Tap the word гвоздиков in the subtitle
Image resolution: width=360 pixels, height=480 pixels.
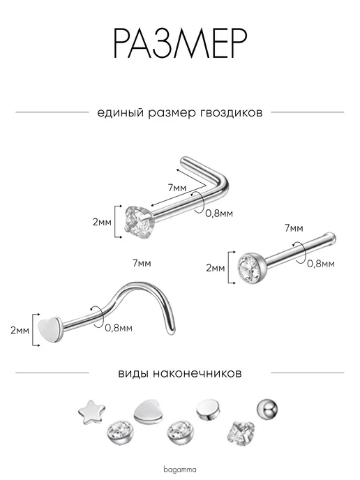[x=231, y=112]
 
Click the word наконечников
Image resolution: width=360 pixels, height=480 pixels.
[x=197, y=373]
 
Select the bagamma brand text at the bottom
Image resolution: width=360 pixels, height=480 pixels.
[x=180, y=470]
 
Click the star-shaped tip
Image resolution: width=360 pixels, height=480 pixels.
[x=91, y=412]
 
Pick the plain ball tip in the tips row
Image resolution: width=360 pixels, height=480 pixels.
[x=267, y=409]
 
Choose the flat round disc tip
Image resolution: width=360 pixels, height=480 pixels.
[x=207, y=410]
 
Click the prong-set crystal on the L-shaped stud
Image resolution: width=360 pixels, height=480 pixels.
[x=138, y=221]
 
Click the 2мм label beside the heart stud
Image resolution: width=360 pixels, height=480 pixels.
[x=20, y=330]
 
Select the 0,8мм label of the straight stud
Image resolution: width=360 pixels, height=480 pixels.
[x=321, y=264]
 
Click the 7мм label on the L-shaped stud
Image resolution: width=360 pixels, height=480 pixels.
[x=177, y=188]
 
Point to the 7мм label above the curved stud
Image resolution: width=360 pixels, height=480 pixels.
[x=142, y=263]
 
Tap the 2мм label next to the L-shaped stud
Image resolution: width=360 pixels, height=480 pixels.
[x=103, y=222]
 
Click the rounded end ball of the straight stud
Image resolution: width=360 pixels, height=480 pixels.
[x=331, y=237]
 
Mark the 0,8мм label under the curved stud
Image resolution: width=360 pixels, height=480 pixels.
[x=119, y=328]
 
